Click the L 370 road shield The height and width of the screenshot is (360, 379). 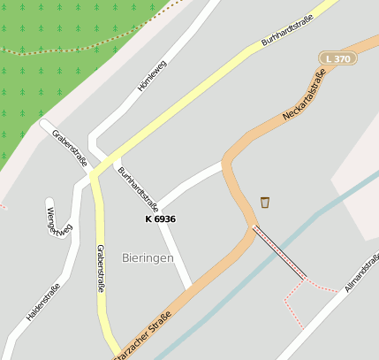tap(338, 58)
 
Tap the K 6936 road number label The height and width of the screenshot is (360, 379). tap(160, 218)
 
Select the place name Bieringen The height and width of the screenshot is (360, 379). tap(148, 257)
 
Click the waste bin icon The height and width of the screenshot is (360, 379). tap(265, 203)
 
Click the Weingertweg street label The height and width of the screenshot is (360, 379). tap(57, 218)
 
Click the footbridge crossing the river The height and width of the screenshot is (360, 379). tap(280, 253)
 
